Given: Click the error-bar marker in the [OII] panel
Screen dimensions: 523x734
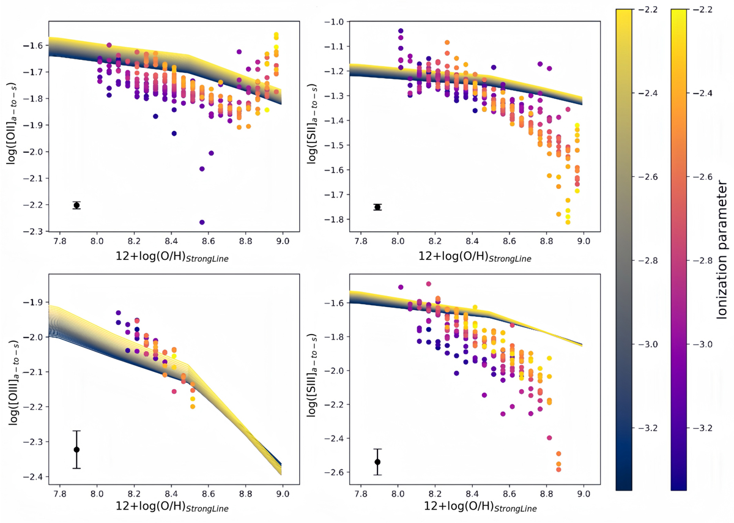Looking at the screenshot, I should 76,205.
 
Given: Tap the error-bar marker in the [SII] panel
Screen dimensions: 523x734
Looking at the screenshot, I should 377,207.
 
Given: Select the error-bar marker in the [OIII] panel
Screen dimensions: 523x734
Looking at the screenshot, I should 76,450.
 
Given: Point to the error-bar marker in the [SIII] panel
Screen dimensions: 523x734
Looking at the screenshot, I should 377,461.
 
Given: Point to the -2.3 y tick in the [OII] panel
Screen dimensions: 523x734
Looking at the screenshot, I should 31,231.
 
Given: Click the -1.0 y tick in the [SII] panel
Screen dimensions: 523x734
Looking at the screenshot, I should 335,22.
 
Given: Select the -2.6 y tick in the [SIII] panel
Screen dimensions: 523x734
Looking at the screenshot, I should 335,472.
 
